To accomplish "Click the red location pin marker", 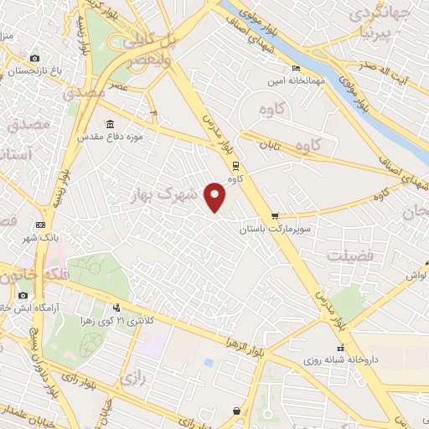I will [x=216, y=197].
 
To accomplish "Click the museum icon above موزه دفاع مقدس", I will [x=111, y=124].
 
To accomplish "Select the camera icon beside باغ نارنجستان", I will [x=34, y=58].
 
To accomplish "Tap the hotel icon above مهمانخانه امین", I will [x=294, y=69].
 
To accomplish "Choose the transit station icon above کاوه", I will [x=235, y=165].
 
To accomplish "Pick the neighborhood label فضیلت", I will [x=348, y=256].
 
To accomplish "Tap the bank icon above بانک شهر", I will [x=41, y=225].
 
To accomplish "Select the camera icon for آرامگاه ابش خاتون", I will [x=22, y=296].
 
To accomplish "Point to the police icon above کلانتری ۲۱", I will [x=127, y=308].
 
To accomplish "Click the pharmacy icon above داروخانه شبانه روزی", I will [x=340, y=348].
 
